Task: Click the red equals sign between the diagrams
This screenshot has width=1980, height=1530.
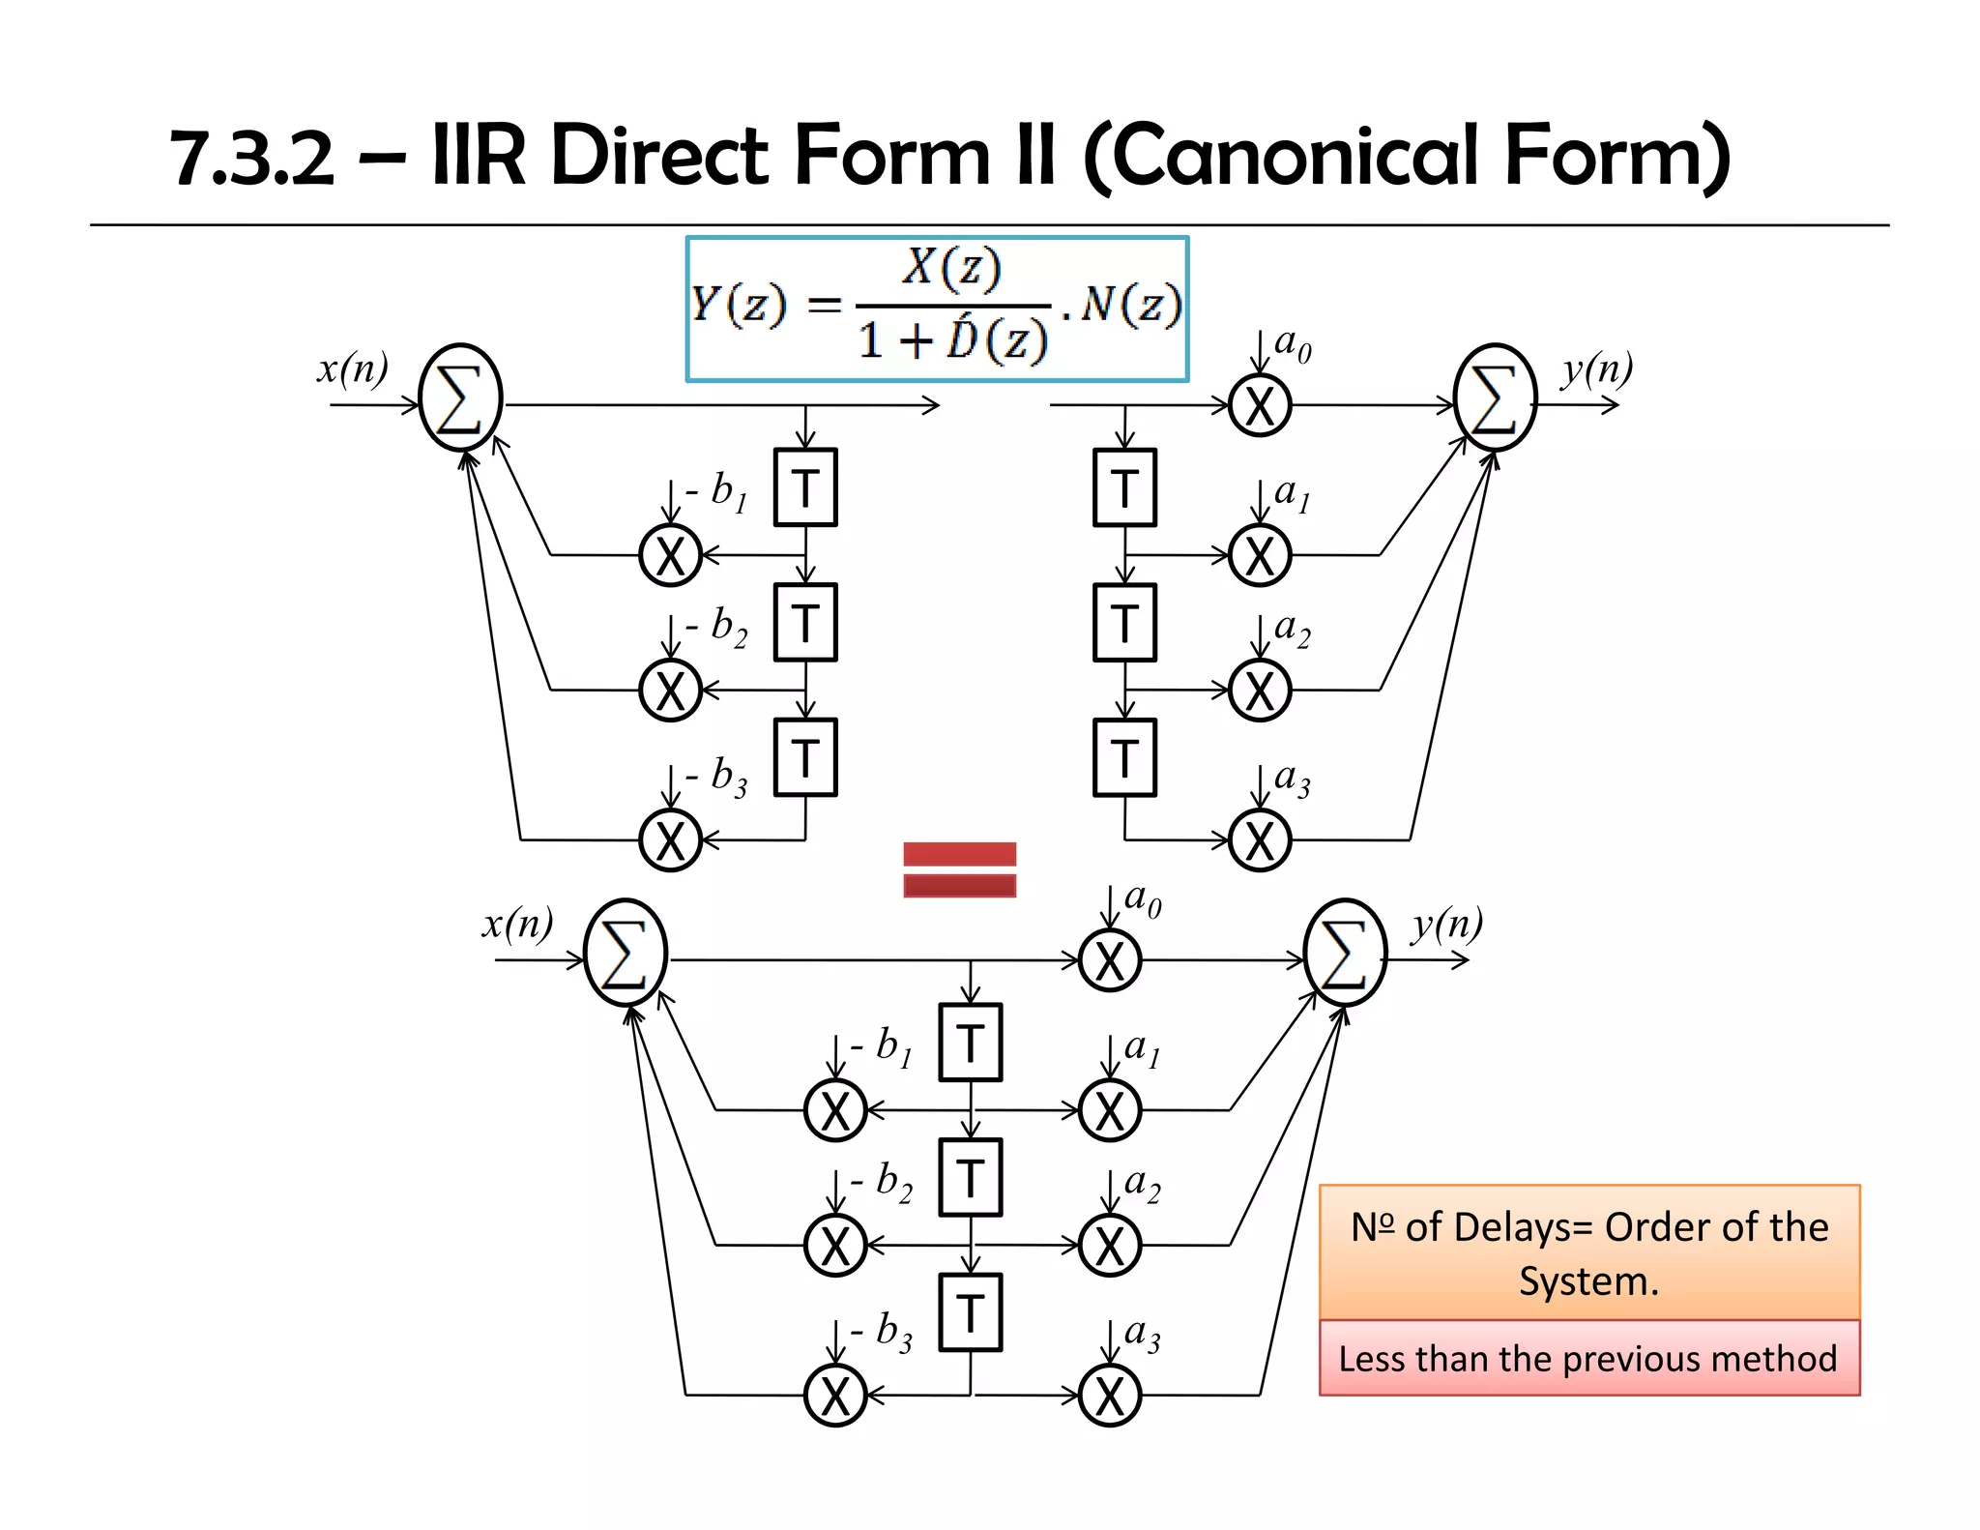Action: pos(959,868)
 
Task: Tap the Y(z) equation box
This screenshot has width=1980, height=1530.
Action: pos(936,309)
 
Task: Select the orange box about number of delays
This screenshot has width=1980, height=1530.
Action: pos(1588,1251)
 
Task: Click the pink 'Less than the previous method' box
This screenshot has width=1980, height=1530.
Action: pos(1588,1358)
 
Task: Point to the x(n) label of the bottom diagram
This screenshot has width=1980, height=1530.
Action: pos(518,924)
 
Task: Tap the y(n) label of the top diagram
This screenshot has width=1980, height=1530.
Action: pos(1596,368)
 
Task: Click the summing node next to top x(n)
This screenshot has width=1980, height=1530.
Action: pos(461,397)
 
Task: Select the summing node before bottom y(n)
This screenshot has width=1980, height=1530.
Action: pos(1344,953)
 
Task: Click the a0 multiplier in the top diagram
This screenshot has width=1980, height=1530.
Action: pos(1260,405)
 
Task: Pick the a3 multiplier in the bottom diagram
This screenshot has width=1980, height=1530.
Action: pos(1110,1396)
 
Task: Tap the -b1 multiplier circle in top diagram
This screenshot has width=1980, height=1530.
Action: pos(670,555)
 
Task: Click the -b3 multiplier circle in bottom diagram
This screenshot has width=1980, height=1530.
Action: pos(835,1396)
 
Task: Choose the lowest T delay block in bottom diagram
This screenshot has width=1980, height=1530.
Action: pos(971,1312)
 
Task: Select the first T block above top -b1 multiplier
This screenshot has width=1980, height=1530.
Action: pos(805,487)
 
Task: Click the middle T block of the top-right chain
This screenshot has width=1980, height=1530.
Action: pos(1124,623)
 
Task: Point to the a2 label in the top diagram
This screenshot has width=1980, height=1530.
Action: pos(1293,629)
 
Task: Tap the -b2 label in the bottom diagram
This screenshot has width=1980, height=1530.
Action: pos(882,1182)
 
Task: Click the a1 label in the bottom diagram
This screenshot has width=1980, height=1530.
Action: pos(1142,1049)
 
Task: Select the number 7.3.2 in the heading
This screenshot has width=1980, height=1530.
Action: pos(252,158)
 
